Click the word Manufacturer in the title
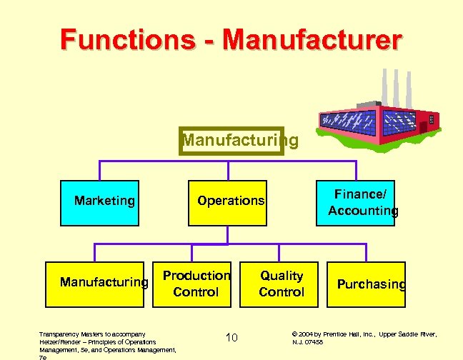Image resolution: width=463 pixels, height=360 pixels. click(312, 39)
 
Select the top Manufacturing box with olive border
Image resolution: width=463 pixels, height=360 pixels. click(231, 141)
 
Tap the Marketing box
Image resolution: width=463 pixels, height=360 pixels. click(104, 201)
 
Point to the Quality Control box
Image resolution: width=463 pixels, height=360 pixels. click(282, 284)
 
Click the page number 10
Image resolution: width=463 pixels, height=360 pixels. click(231, 337)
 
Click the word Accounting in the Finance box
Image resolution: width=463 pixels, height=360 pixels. click(363, 211)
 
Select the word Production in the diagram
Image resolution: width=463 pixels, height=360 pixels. click(196, 276)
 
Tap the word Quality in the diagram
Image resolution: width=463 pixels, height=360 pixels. click(282, 276)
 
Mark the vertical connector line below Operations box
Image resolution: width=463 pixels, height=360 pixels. click(228, 234)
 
